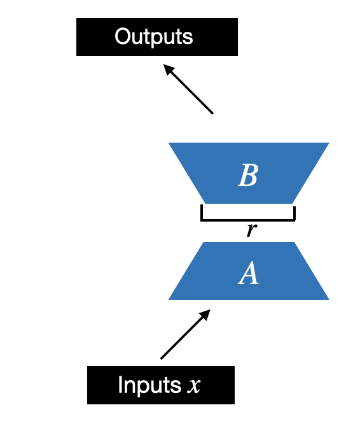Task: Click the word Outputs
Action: (153, 36)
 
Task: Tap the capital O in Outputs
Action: (121, 36)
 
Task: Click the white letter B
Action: (247, 176)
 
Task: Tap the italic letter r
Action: (251, 230)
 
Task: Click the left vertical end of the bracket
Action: (202, 213)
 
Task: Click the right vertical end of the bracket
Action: (294, 213)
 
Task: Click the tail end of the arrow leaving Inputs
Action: (162, 358)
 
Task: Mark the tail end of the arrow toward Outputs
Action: (212, 113)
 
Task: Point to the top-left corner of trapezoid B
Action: (169, 144)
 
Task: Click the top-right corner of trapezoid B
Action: (328, 144)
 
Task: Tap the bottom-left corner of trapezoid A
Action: (169, 299)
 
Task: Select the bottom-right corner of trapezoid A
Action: (328, 299)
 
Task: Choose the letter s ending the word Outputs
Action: (188, 37)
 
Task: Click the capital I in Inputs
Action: (121, 385)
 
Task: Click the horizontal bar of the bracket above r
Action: (248, 220)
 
